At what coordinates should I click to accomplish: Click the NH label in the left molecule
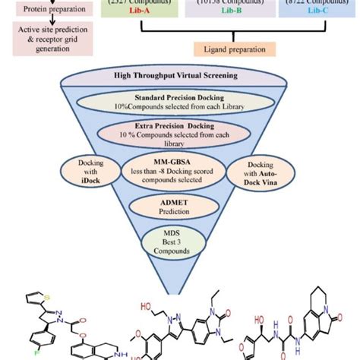(x=115, y=354)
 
